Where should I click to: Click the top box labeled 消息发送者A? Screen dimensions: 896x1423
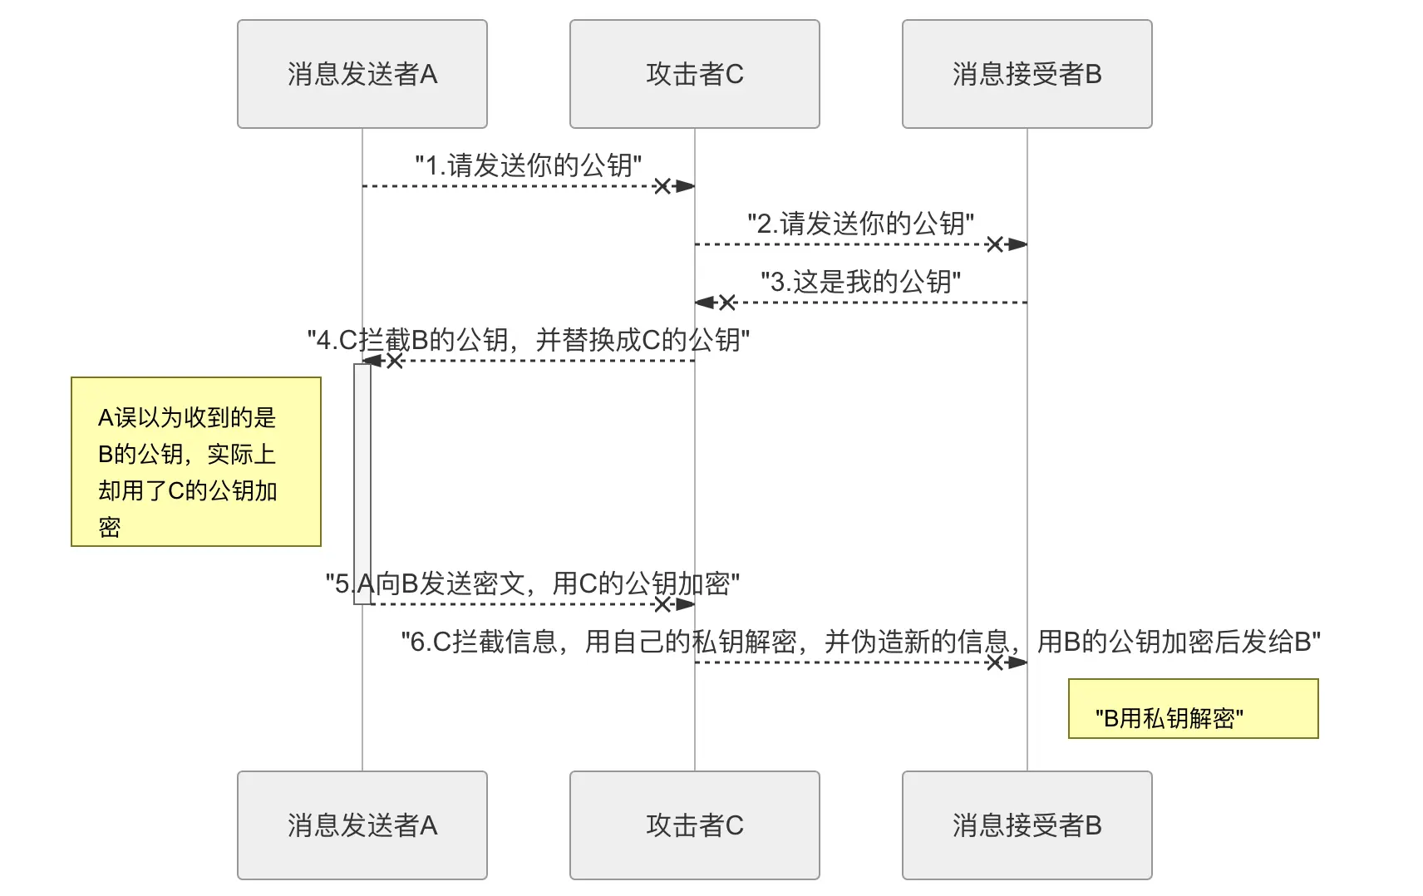point(362,74)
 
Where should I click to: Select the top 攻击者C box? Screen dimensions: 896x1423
point(694,74)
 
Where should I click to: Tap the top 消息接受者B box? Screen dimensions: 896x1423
point(1027,74)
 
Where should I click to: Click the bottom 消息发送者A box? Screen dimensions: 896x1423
point(362,825)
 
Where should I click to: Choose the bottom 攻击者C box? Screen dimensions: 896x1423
point(694,825)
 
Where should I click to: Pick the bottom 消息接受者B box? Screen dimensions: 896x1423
point(1027,825)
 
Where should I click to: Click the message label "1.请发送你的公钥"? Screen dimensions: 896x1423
point(529,165)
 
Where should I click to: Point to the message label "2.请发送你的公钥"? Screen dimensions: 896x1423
point(861,224)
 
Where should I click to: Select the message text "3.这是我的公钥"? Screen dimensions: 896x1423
point(861,282)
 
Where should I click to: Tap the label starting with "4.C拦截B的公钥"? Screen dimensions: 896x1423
point(529,340)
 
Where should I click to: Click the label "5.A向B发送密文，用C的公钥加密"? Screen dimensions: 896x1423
point(532,583)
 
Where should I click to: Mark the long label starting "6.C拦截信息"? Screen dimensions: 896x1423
point(861,642)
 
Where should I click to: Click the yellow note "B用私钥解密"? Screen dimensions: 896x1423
point(1193,710)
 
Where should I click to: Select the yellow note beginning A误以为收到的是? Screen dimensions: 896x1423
point(196,462)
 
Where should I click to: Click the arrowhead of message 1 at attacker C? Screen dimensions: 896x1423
point(685,186)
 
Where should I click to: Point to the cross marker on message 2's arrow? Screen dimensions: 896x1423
point(994,244)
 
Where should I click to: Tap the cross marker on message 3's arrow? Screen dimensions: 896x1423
point(727,303)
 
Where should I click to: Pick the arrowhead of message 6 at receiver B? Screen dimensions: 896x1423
point(1017,662)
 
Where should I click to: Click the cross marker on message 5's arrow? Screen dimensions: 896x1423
point(662,604)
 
